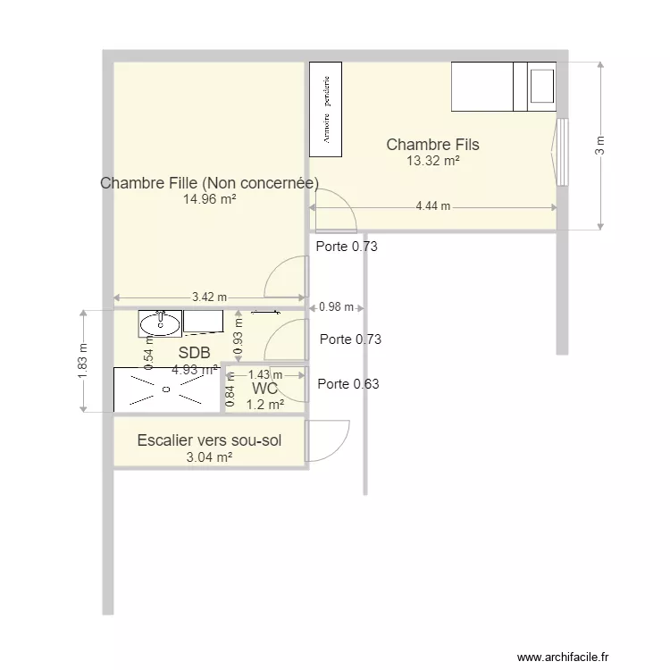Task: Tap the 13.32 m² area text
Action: coord(433,161)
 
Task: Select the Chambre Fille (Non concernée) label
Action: coord(209,183)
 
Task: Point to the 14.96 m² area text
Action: coord(210,200)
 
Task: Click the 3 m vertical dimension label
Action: coord(599,146)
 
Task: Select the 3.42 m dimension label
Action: coord(209,297)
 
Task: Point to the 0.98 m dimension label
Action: coord(336,307)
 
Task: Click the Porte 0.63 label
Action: coord(348,385)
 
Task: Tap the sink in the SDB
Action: coord(160,322)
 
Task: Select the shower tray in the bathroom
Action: coord(166,389)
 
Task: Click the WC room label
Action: coord(264,389)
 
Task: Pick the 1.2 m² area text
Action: coord(264,404)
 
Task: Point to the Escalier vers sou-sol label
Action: coord(209,440)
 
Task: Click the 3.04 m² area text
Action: coord(209,457)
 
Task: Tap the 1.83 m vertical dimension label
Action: coord(84,361)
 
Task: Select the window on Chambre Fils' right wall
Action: coord(561,151)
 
